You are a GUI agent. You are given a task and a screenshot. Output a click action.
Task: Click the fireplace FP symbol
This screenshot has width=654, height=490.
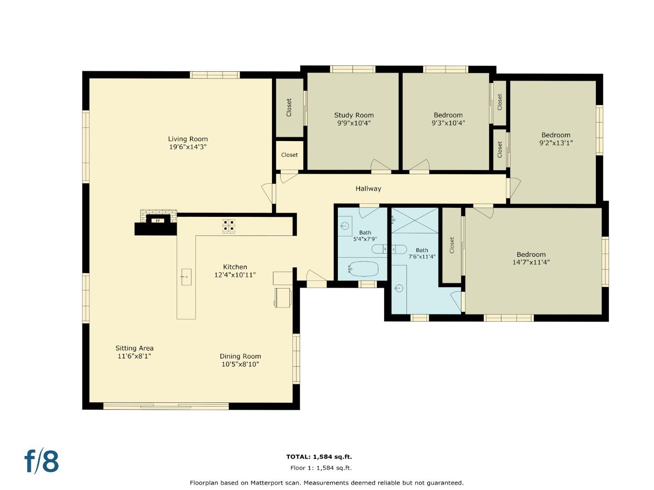[158, 220]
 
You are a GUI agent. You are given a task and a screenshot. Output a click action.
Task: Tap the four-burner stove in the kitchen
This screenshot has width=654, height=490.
[228, 225]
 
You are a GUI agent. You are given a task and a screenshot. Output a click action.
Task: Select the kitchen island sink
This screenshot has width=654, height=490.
[186, 277]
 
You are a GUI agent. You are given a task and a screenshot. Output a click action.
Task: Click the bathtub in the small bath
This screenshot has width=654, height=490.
[363, 269]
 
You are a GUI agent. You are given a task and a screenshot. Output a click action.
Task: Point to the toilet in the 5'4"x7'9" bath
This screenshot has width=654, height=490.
[383, 249]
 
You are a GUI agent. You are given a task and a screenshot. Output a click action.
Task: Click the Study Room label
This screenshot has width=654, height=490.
[354, 115]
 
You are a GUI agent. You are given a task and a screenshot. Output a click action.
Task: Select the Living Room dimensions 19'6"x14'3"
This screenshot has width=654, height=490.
[188, 147]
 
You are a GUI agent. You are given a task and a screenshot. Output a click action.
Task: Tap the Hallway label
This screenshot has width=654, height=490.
[368, 189]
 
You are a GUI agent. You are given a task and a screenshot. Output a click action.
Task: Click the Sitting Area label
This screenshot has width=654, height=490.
[134, 348]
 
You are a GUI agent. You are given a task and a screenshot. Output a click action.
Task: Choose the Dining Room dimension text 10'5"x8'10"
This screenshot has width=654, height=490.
[240, 364]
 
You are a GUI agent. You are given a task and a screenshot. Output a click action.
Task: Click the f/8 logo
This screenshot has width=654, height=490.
[42, 461]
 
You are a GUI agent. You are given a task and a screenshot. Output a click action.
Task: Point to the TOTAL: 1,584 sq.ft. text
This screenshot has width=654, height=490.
[319, 457]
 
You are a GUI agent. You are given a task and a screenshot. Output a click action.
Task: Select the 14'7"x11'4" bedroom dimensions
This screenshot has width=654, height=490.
[531, 262]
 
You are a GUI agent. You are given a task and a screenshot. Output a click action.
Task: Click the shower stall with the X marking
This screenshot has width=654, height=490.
[415, 220]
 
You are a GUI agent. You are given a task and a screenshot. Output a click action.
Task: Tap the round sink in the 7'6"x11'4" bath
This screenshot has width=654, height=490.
[399, 288]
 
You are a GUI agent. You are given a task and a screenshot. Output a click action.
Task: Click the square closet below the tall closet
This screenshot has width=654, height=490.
[289, 155]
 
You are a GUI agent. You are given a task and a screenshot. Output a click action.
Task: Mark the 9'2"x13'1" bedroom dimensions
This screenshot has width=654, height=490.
[555, 143]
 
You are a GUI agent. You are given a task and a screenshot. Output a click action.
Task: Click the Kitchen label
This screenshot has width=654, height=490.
[235, 267]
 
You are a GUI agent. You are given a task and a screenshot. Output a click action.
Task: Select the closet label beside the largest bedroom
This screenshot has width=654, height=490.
[451, 245]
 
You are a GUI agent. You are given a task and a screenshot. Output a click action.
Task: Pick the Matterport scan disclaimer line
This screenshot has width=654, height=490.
[327, 483]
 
